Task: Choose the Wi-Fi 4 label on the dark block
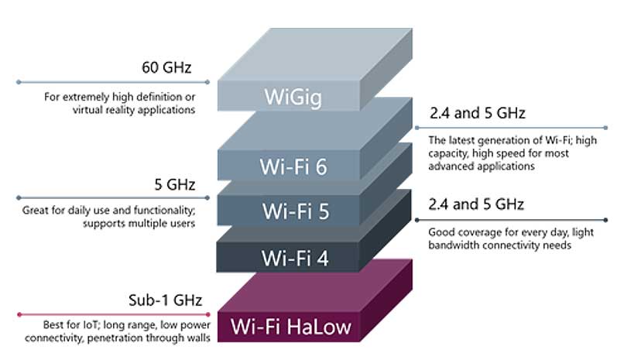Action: point(295,257)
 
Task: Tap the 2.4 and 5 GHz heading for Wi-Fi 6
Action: point(477,113)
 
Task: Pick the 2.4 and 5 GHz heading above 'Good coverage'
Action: point(477,204)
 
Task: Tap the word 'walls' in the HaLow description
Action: point(195,338)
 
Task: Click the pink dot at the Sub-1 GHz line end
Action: point(19,314)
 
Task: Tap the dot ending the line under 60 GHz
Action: point(19,81)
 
